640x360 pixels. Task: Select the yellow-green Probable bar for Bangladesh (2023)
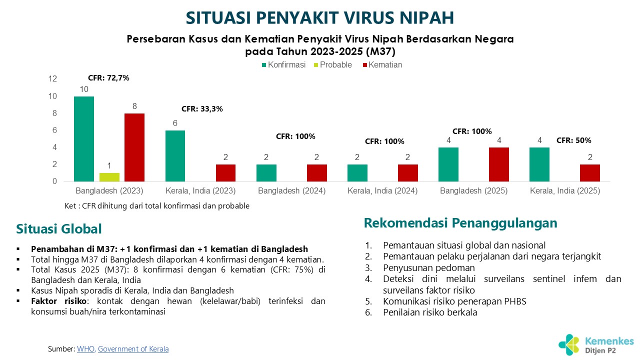(x=109, y=177)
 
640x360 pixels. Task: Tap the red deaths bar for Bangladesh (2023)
(x=134, y=147)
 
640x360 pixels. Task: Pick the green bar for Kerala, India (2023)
(x=175, y=156)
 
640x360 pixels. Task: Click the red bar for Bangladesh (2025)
(x=498, y=164)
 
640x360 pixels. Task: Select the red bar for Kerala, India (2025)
(x=590, y=173)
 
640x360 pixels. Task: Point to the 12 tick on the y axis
(x=52, y=79)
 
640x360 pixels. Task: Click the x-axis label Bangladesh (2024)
(x=291, y=191)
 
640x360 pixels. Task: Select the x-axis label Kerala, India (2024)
(x=382, y=191)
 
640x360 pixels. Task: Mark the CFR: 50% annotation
(x=573, y=140)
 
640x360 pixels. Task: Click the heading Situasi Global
(x=59, y=229)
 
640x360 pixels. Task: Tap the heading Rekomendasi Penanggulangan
(x=460, y=223)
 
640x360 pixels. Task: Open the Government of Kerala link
(x=133, y=349)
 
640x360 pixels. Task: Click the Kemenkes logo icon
(x=569, y=345)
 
